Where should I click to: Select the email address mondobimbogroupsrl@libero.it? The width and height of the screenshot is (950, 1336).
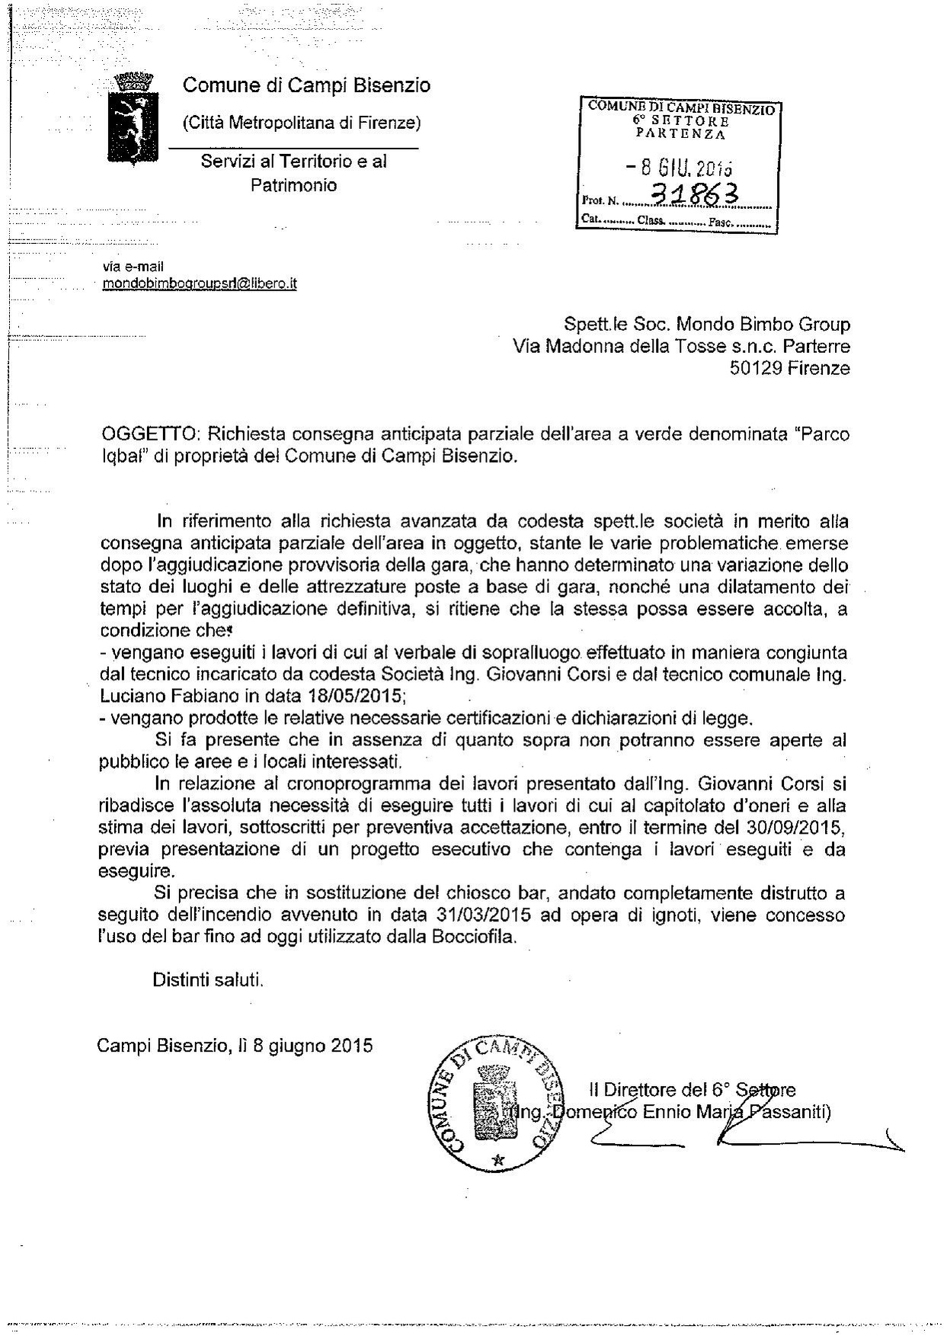pyautogui.click(x=200, y=284)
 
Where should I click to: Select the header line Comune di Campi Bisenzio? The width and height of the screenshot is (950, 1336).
pyautogui.click(x=306, y=85)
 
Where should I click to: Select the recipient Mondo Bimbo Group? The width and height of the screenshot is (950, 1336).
pyautogui.click(x=762, y=325)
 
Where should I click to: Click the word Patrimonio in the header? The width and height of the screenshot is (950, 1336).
pyautogui.click(x=294, y=185)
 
